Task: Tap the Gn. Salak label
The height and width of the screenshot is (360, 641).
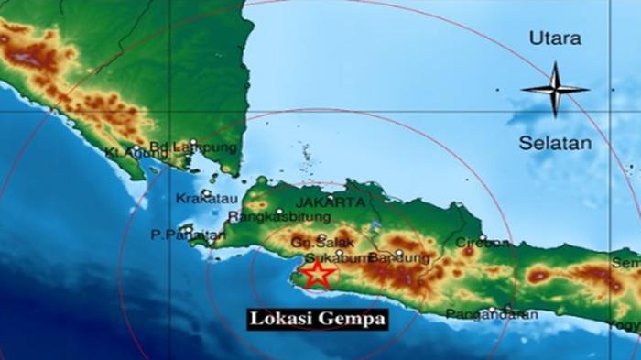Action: click(x=310, y=243)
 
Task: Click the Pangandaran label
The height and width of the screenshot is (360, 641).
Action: click(x=493, y=315)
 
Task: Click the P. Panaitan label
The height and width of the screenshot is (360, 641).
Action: click(x=189, y=235)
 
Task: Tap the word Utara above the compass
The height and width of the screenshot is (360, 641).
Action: click(x=555, y=38)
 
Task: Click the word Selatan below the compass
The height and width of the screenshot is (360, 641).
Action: click(x=555, y=144)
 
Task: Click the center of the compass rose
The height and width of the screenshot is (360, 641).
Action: click(x=555, y=89)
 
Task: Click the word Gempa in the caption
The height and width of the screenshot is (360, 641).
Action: click(x=353, y=319)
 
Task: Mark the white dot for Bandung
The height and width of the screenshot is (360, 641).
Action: click(x=398, y=252)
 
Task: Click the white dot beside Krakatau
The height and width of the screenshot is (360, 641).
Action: click(x=206, y=191)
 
